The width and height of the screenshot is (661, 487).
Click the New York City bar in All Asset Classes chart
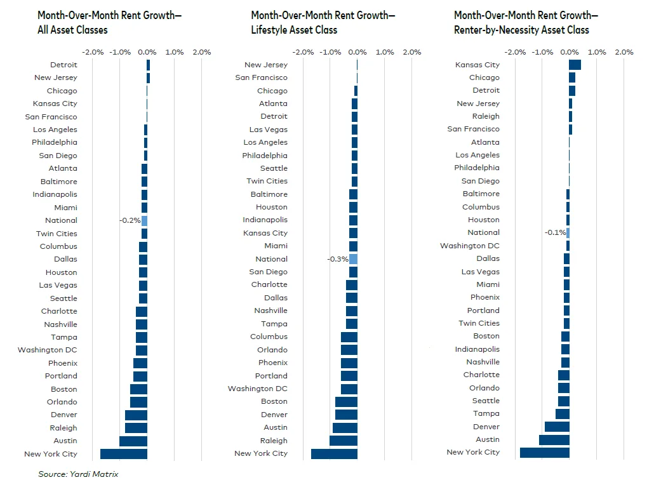coord(124,454)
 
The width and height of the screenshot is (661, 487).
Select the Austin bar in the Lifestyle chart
coord(345,428)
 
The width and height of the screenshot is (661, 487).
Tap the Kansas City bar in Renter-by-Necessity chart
coord(575,65)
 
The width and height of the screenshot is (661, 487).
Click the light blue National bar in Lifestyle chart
coord(353,259)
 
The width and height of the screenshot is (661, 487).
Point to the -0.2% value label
coord(130,220)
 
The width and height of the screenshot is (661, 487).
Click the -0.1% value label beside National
coord(554,232)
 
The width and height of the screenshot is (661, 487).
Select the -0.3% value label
coord(337,259)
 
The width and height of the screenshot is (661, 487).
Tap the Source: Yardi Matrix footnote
coord(78,474)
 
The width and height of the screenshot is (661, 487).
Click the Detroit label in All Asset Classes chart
coord(63,65)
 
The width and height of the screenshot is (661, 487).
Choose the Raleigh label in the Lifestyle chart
coord(273,441)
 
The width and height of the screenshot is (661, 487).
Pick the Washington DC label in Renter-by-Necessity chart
coord(470,246)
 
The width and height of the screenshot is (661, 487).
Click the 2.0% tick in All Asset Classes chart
coord(201,52)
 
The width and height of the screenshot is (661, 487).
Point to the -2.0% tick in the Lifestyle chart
coord(304,52)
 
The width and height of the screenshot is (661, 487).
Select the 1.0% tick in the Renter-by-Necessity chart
coord(596,52)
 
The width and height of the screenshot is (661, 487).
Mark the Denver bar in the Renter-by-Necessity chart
coord(557,427)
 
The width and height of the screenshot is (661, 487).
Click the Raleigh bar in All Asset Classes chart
coord(136,428)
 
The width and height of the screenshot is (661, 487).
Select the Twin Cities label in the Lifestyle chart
coord(267,181)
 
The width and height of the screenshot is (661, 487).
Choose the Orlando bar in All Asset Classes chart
coord(138,402)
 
